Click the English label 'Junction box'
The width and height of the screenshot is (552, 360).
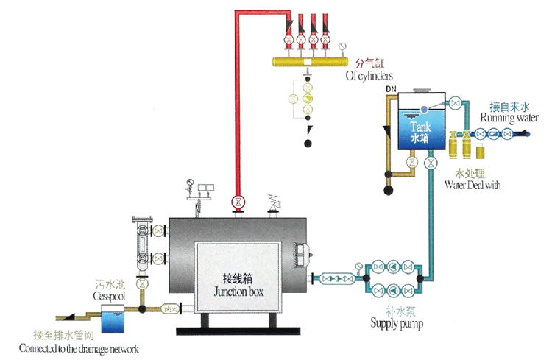(x=237, y=292)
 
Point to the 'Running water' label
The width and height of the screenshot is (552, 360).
(x=506, y=118)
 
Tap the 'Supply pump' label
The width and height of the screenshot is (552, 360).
(x=397, y=322)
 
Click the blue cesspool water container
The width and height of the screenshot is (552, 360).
(x=114, y=321)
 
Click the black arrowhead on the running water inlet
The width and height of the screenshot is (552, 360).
(x=525, y=133)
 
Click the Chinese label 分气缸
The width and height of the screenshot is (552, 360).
(x=369, y=64)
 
